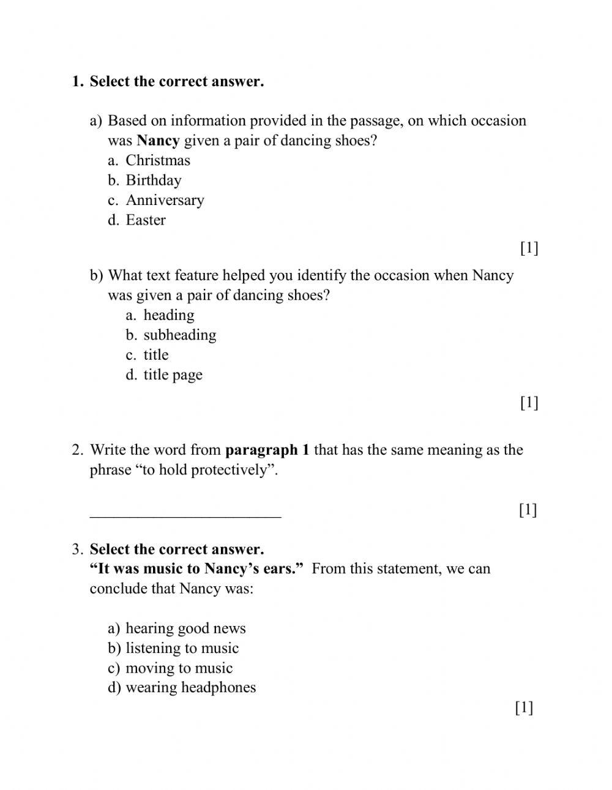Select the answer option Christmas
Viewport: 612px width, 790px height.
157,160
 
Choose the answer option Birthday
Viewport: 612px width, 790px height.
153,181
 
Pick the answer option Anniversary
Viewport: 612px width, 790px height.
165,200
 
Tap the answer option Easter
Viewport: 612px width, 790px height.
146,220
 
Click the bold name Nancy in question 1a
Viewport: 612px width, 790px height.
158,141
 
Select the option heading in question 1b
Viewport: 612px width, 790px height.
168,315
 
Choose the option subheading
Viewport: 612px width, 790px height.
179,335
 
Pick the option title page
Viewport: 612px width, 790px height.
173,375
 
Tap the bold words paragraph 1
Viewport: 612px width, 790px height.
267,450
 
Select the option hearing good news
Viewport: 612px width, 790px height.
185,628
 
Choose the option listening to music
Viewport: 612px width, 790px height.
182,648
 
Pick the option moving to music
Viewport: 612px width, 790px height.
179,668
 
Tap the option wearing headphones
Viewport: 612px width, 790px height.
190,688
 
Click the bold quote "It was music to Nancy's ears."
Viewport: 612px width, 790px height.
196,569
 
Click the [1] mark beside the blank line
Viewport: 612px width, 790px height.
528,510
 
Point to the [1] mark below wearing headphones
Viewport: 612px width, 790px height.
524,708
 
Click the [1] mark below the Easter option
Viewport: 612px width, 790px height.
529,248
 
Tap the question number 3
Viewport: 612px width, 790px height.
76,550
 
